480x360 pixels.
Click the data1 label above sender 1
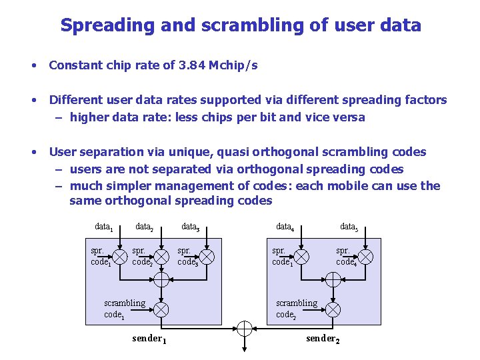(x=103, y=227)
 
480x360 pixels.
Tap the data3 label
(x=191, y=227)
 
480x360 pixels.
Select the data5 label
(x=349, y=227)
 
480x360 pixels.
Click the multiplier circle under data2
(x=161, y=257)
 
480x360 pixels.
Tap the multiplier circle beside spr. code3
(x=207, y=257)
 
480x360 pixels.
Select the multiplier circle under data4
(x=301, y=257)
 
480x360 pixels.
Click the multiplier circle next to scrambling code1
(x=161, y=309)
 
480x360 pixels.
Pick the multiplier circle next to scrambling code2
(x=333, y=309)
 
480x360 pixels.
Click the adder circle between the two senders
(x=245, y=328)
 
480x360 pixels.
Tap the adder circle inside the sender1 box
(x=161, y=280)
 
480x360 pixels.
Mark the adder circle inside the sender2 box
(x=333, y=280)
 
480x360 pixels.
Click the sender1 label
(x=149, y=339)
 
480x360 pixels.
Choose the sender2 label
(x=323, y=339)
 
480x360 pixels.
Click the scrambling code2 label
(x=296, y=309)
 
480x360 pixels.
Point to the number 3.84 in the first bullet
(x=193, y=65)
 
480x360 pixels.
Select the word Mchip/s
(x=233, y=65)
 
